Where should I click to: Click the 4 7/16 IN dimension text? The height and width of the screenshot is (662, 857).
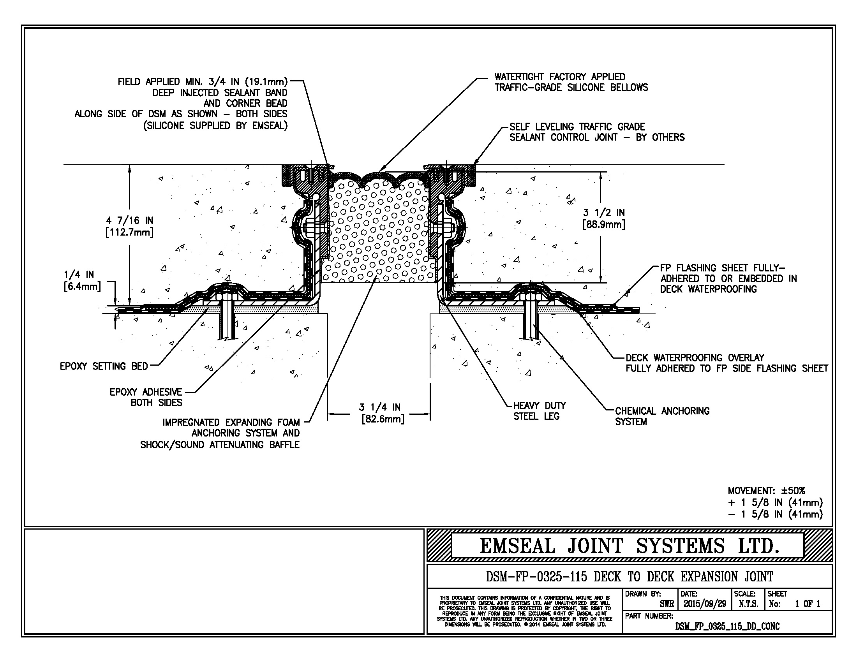[129, 226]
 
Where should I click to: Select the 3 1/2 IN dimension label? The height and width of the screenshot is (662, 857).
[604, 218]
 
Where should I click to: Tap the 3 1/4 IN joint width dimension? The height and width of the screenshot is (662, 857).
[379, 413]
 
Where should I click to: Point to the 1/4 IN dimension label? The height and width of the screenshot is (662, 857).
[82, 280]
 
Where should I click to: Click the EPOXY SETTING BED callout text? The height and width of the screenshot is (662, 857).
[104, 366]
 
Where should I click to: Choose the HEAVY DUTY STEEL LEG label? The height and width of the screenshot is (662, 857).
[539, 410]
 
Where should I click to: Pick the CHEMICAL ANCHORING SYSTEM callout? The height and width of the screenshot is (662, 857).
[662, 416]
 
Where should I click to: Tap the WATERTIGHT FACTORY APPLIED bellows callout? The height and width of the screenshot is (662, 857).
[571, 82]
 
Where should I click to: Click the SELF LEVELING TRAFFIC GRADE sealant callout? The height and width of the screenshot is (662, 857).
[596, 132]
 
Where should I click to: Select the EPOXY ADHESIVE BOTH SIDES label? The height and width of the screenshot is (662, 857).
[146, 397]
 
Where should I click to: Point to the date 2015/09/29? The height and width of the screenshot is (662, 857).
[705, 604]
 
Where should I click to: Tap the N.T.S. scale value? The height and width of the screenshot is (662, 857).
[748, 604]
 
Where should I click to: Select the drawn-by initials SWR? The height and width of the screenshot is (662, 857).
[667, 604]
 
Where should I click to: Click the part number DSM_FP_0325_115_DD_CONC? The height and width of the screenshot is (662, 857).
[727, 626]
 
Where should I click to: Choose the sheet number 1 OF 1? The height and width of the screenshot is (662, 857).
[808, 604]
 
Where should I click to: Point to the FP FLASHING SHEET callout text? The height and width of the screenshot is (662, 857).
[728, 278]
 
